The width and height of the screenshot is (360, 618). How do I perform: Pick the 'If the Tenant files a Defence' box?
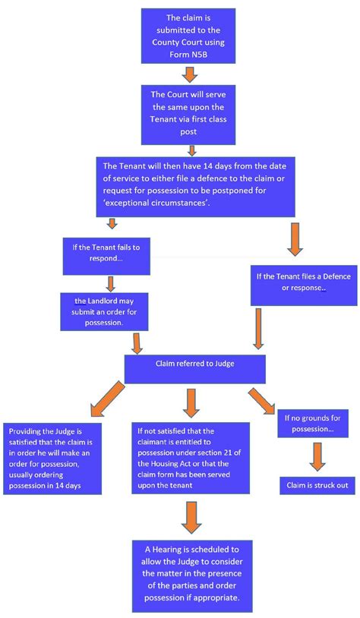click(292, 282)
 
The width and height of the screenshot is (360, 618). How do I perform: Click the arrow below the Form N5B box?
click(190, 74)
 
